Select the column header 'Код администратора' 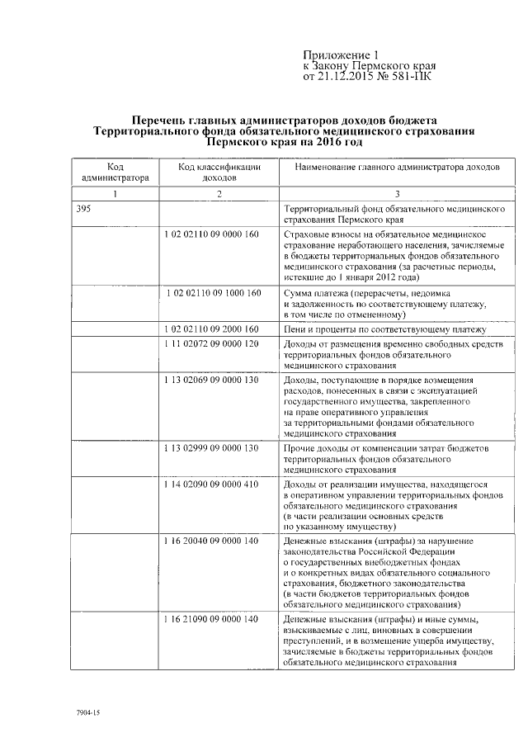point(115,172)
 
